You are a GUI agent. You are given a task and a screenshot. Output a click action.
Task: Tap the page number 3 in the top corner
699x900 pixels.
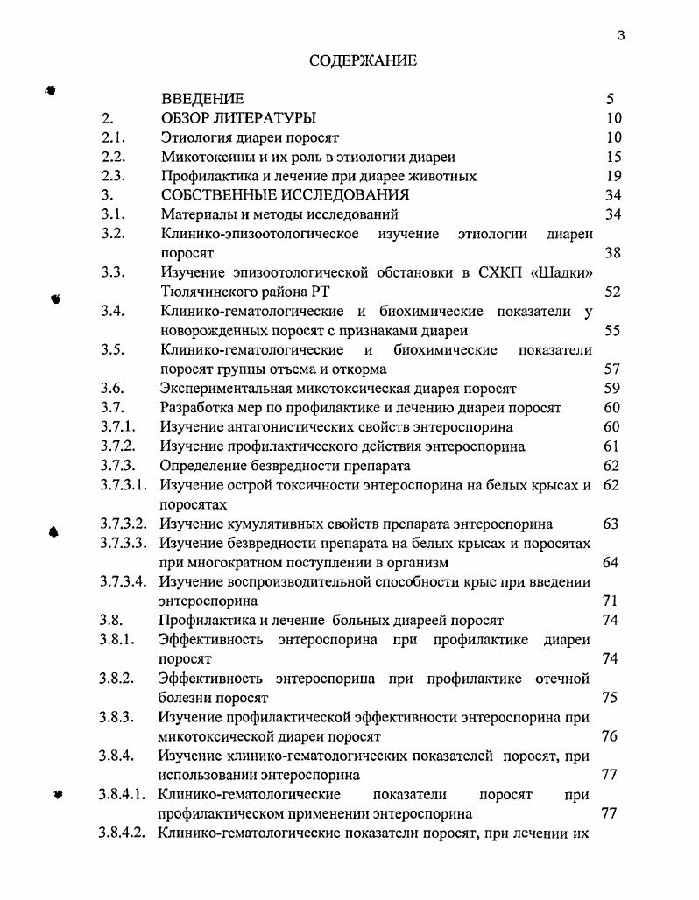tap(620, 35)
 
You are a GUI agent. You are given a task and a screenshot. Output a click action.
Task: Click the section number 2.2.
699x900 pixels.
tap(113, 157)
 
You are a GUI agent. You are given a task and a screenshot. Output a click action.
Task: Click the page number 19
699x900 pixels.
tap(613, 176)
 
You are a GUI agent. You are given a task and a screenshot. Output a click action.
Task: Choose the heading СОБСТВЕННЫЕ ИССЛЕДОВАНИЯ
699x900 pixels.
tap(285, 195)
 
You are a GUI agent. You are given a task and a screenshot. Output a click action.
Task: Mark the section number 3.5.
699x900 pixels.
tap(113, 349)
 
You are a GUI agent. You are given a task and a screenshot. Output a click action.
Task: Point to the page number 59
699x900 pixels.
tap(612, 388)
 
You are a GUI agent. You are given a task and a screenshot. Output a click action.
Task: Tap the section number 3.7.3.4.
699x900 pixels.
tap(123, 581)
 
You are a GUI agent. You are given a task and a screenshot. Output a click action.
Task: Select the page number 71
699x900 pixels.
tap(611, 601)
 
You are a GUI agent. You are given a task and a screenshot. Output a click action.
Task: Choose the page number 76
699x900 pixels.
tap(611, 736)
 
